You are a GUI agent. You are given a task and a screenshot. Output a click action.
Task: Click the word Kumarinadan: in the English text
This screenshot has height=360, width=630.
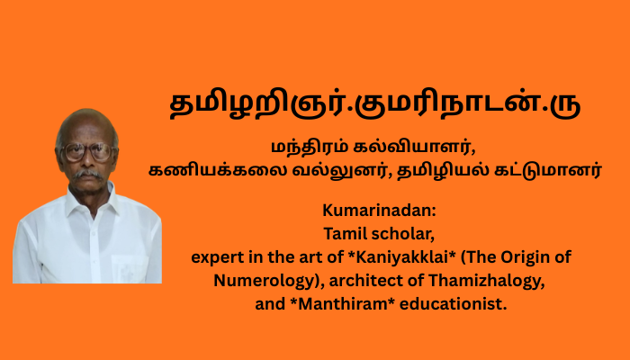coord(379,211)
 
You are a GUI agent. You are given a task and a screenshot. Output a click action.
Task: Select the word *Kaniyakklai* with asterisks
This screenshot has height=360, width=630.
coord(402,257)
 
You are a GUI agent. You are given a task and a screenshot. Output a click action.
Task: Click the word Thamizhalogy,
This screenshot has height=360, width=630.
coord(486,281)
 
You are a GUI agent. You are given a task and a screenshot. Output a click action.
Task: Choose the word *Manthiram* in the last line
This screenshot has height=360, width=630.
coord(343,304)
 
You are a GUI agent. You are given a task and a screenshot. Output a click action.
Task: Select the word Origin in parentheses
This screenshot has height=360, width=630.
coord(526,257)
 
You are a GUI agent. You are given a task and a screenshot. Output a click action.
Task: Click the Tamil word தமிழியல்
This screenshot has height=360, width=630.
coord(443,171)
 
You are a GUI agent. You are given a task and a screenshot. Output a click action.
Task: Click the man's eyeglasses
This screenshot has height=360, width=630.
coord(88,152)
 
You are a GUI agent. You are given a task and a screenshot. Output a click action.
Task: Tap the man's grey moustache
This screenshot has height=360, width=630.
coord(87,174)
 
